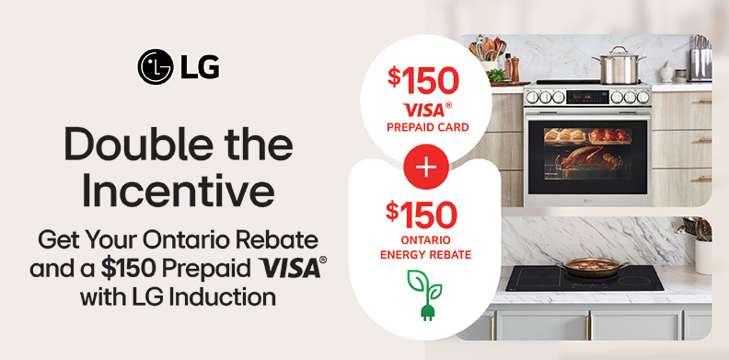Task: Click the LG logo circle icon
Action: click(155, 66)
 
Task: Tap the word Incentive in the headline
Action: click(179, 192)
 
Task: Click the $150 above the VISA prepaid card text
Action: click(422, 80)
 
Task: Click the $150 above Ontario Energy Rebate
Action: click(422, 214)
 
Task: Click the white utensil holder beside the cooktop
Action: click(704, 256)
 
